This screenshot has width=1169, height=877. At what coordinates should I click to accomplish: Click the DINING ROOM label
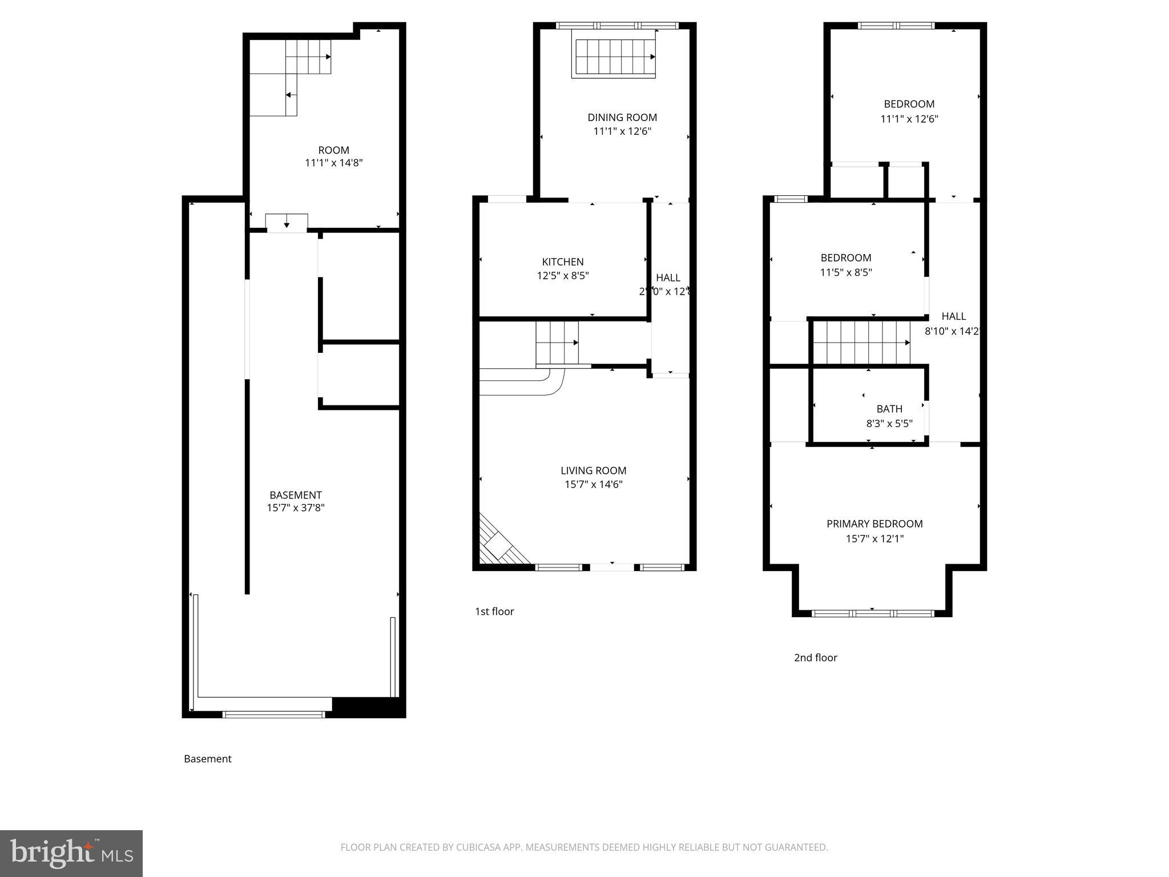622,117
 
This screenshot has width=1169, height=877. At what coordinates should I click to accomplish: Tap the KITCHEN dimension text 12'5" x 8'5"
563,276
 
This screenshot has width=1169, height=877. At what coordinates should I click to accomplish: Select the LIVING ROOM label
593,470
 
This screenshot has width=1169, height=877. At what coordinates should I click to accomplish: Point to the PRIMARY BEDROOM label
874,524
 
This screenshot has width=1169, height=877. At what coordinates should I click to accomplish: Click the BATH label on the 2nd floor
889,409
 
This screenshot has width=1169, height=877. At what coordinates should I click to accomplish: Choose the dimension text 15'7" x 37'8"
296,508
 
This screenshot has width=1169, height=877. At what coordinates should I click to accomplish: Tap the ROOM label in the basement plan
333,150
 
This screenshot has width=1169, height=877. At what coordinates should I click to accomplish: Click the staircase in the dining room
614,57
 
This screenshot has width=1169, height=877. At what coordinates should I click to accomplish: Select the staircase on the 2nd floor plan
861,343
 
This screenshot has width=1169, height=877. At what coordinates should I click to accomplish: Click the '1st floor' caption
494,612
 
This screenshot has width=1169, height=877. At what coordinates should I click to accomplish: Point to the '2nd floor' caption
815,658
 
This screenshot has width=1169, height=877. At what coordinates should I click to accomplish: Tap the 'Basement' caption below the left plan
208,759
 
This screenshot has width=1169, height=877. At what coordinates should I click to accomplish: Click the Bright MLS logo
71,853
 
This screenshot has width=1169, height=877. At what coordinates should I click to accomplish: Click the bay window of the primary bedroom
872,613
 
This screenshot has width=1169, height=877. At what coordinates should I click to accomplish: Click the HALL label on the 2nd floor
953,316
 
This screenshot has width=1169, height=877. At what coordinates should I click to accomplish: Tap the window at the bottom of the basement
273,714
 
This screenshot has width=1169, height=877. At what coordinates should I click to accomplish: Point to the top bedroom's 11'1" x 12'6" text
909,119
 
